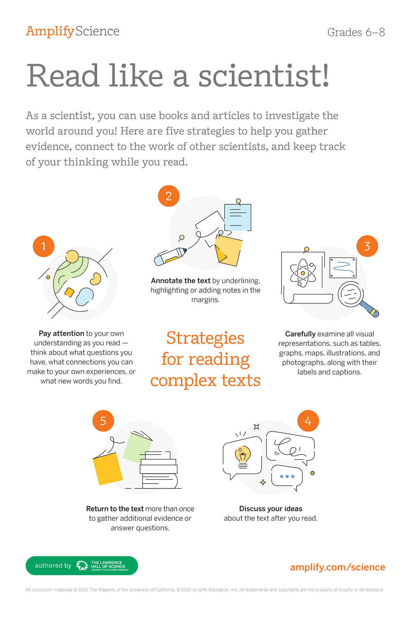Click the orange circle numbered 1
tap(43, 246)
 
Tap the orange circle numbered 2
tap(169, 196)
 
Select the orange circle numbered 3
tap(367, 246)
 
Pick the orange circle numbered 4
tap(308, 421)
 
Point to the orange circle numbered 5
tap(103, 421)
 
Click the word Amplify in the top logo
tap(50, 31)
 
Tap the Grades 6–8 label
tap(356, 32)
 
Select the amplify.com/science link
tap(337, 567)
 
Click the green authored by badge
tap(82, 566)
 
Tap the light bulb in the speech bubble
tap(242, 456)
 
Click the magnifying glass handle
tap(370, 308)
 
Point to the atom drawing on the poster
tap(303, 273)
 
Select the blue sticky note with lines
tap(238, 217)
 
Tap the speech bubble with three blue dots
tap(287, 476)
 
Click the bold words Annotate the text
tap(180, 281)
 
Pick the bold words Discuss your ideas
tap(271, 509)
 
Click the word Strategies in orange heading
tap(205, 338)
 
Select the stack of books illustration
tap(159, 471)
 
